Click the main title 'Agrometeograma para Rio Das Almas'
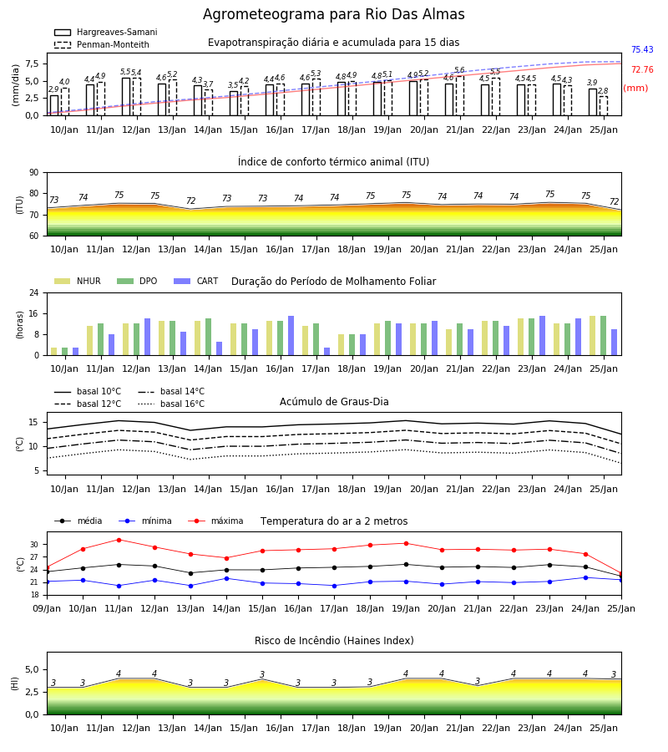pos(333,14)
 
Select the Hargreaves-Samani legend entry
pos(106,32)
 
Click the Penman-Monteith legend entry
pos(102,44)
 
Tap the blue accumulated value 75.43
pos(642,49)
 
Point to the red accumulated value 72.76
pos(642,69)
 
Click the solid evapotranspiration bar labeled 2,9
pos(54,105)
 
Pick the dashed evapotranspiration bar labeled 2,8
pos(604,106)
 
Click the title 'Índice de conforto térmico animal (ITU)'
pos(333,161)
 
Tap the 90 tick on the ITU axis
pos(34,173)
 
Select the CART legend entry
pos(196,281)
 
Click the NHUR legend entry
pos(78,281)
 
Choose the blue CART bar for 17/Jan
pos(326,352)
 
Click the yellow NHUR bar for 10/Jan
pos(54,352)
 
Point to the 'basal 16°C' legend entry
pos(171,404)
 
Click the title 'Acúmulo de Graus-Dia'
pos(334,401)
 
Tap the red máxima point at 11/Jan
pos(119,540)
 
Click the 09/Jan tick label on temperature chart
pos(47,608)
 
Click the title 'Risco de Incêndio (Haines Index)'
pos(334,641)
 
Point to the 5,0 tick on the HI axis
pos(33,669)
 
